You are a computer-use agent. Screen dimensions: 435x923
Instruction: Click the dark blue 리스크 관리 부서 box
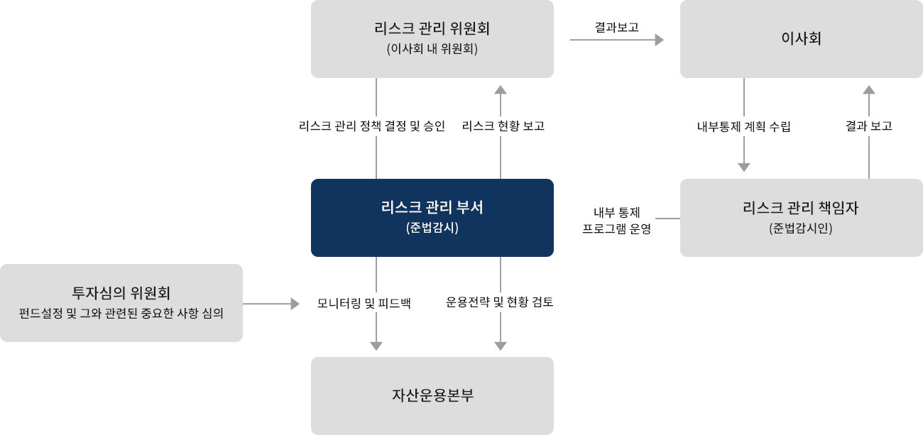tap(432, 217)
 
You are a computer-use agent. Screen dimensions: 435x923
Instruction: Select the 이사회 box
tap(801, 38)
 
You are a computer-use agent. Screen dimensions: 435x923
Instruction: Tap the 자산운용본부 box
tap(432, 395)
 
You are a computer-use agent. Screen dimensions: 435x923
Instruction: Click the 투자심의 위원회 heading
tap(121, 292)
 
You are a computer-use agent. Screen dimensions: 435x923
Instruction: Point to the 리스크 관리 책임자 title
tap(801, 208)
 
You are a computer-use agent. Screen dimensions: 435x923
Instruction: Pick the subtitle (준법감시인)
tap(801, 228)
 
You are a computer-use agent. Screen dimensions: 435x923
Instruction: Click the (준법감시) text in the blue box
tap(432, 228)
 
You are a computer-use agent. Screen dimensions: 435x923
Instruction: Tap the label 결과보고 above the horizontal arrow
tap(616, 27)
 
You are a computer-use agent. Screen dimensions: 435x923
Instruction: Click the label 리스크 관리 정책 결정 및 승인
tap(372, 126)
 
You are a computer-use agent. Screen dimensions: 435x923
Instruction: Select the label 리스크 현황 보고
tap(503, 126)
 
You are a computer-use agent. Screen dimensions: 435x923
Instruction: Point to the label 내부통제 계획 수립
tap(743, 127)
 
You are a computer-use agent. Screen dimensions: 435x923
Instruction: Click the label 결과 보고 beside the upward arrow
tap(868, 126)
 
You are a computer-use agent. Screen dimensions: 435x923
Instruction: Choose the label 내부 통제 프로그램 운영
tap(616, 221)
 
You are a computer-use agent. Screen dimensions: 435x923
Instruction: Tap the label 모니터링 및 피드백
tap(364, 303)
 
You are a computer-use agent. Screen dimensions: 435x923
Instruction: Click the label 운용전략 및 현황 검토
tap(500, 302)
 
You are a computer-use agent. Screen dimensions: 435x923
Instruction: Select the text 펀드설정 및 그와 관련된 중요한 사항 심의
tap(121, 312)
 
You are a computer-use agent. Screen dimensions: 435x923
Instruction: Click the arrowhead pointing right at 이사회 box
tap(658, 40)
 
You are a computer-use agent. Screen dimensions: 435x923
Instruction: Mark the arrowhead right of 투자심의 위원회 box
tap(295, 304)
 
